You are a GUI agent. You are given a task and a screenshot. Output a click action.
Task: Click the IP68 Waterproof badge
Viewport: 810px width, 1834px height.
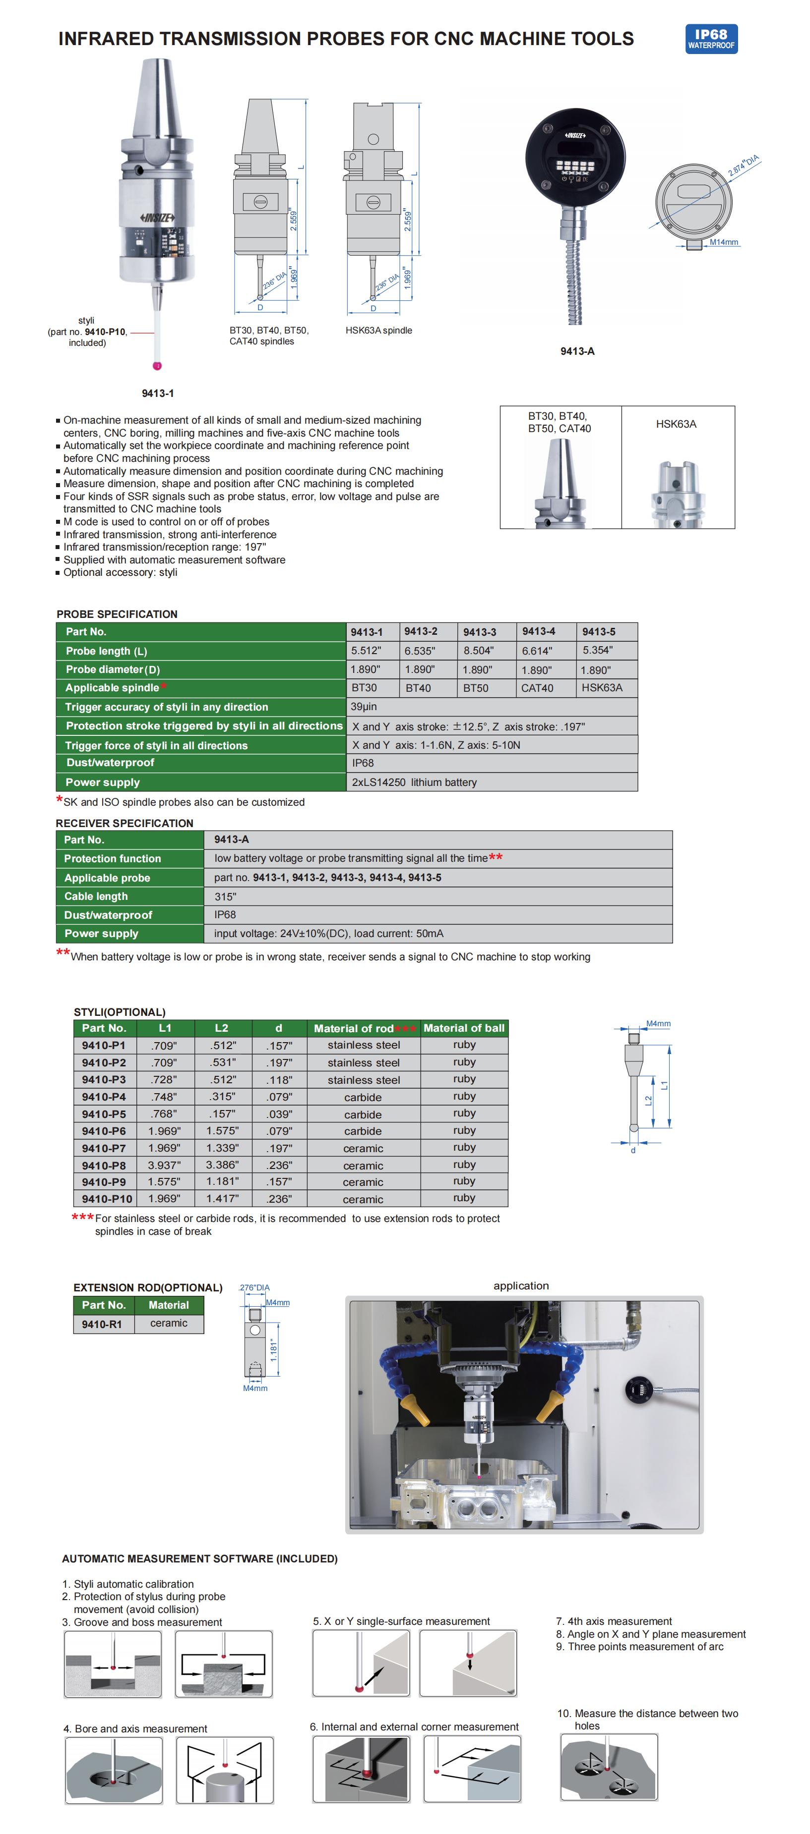(x=710, y=39)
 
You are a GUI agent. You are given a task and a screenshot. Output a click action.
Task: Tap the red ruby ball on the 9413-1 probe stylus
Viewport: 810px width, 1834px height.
(x=157, y=366)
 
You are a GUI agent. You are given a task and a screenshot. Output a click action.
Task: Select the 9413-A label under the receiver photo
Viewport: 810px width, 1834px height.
(x=577, y=351)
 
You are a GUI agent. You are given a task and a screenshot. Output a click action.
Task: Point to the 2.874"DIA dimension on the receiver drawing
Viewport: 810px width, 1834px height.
(x=743, y=165)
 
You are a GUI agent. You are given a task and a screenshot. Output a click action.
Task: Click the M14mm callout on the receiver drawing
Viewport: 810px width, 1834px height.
(x=723, y=242)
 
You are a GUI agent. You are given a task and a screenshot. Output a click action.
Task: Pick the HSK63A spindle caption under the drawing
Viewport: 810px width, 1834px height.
(x=378, y=331)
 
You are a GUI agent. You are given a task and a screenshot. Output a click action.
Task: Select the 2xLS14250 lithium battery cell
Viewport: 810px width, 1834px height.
(x=414, y=782)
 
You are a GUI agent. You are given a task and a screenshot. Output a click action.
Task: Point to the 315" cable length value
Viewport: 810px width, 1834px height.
(x=225, y=896)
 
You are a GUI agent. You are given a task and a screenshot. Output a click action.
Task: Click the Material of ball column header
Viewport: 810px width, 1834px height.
(x=464, y=1028)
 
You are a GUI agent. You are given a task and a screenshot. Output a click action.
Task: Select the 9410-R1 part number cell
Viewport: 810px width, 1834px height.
(x=102, y=1324)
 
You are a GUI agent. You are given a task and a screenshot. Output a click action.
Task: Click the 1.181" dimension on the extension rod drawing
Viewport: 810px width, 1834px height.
(x=273, y=1350)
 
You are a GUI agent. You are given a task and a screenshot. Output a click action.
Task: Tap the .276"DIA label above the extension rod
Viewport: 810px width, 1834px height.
(x=254, y=1287)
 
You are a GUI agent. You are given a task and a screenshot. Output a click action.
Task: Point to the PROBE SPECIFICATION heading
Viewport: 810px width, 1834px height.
(x=117, y=613)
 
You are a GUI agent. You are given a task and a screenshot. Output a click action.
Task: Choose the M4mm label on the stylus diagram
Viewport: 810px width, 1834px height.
(x=658, y=1024)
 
